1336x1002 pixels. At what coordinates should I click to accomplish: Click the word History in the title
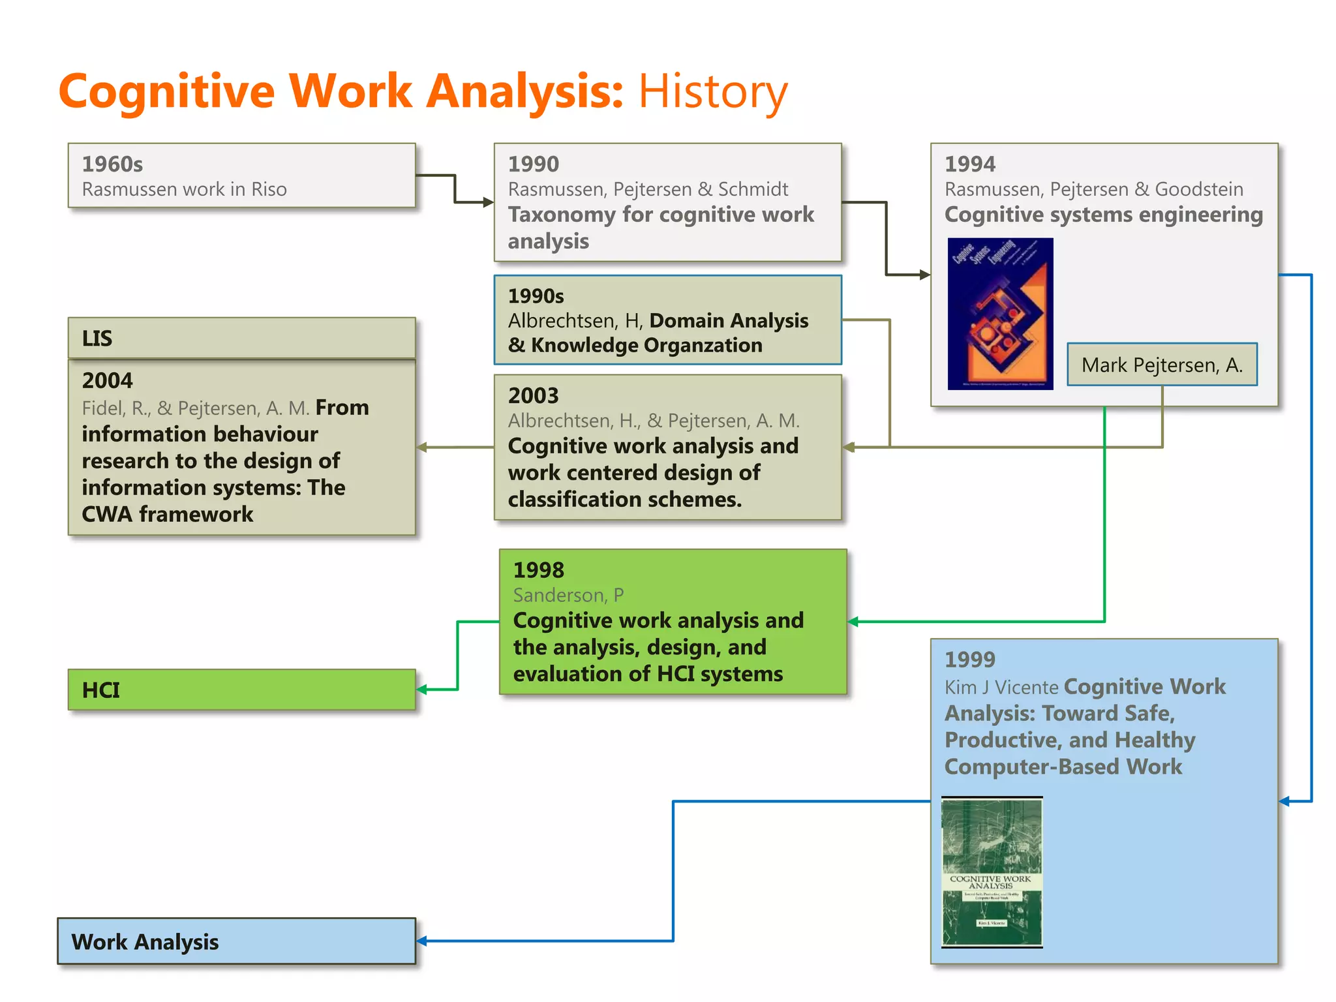point(712,91)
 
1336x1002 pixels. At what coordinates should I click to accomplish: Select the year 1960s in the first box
point(112,164)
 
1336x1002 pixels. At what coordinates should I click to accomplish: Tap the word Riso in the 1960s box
point(269,189)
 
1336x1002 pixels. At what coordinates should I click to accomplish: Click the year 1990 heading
point(533,164)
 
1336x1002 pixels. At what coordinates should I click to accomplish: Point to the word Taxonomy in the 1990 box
point(562,215)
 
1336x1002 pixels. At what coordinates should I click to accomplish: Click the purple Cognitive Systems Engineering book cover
point(1000,314)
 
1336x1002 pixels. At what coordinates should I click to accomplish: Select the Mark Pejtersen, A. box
point(1162,365)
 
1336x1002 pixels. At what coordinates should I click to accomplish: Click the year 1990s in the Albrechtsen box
point(536,296)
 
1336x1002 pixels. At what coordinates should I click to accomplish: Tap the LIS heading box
point(241,338)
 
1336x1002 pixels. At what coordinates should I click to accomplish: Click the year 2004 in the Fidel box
point(107,380)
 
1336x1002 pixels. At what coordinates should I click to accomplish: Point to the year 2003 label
point(533,395)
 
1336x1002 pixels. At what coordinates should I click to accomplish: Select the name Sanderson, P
point(568,595)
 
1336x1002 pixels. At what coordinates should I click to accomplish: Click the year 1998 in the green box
point(538,570)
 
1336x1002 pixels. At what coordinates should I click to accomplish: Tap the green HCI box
point(241,690)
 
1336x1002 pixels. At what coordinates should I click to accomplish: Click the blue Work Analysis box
point(236,941)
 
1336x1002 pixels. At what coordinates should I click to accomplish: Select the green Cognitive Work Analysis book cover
point(992,872)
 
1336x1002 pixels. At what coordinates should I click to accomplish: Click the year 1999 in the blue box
point(969,660)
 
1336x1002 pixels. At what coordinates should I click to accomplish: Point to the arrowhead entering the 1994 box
point(924,275)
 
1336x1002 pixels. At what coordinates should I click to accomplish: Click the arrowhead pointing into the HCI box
point(422,690)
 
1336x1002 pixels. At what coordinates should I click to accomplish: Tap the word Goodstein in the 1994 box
point(1198,189)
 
